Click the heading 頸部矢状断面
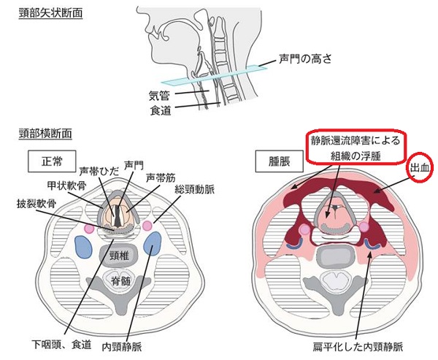click(51, 13)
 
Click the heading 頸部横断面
click(45, 134)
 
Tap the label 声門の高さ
click(305, 58)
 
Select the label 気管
click(159, 96)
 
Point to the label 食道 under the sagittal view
click(161, 110)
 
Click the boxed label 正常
click(52, 161)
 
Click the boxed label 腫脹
click(280, 161)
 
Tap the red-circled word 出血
click(420, 167)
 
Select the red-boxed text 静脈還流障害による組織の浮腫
click(356, 148)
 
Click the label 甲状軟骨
click(66, 186)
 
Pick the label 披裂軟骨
click(36, 204)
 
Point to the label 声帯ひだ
click(99, 171)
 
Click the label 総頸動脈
click(195, 190)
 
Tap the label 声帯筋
click(161, 177)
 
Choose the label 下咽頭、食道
click(61, 344)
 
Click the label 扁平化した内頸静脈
click(358, 347)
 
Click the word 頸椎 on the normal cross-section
click(119, 255)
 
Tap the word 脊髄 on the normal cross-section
click(121, 280)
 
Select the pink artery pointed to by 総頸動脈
click(147, 226)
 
